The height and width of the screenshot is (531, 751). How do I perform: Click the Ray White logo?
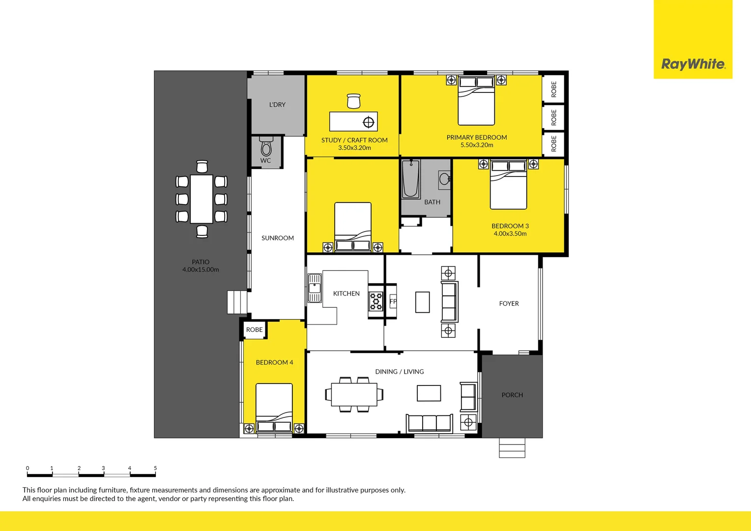click(x=693, y=64)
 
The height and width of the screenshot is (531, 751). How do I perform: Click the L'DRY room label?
click(x=277, y=105)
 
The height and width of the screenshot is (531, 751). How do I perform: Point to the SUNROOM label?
click(x=278, y=238)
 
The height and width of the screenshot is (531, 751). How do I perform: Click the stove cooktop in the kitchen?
click(x=376, y=301)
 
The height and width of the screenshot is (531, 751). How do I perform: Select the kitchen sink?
click(x=314, y=288)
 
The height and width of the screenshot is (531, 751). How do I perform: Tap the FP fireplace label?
click(x=393, y=301)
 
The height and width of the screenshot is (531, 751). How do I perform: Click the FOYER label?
click(x=509, y=304)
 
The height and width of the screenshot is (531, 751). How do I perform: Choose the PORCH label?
click(x=512, y=395)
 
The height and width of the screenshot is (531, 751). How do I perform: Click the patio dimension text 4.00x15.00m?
click(x=201, y=270)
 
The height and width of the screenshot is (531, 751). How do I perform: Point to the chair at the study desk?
click(x=353, y=101)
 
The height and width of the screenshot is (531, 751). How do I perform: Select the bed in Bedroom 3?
click(x=509, y=185)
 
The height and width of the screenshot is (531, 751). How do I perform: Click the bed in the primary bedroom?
click(x=476, y=101)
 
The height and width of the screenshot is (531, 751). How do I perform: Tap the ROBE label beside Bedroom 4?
click(x=255, y=330)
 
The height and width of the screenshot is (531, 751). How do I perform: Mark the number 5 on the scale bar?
click(x=155, y=469)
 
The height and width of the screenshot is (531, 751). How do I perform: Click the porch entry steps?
click(x=512, y=447)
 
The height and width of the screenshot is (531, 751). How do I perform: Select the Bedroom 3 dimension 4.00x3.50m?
click(x=510, y=234)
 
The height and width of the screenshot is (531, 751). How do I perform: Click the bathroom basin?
click(x=444, y=178)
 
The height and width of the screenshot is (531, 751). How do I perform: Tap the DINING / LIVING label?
click(x=399, y=372)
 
